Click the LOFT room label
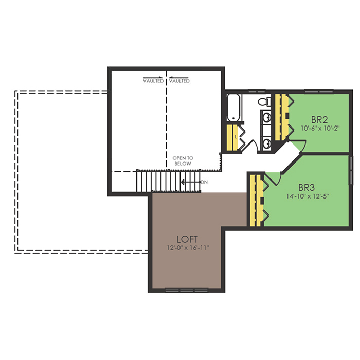(x=187, y=239)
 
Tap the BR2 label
(x=319, y=120)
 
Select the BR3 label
(x=307, y=188)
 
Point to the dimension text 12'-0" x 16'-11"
(x=188, y=248)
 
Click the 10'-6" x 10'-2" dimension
(x=320, y=128)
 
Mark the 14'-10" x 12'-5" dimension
(x=308, y=196)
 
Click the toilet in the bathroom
(x=264, y=102)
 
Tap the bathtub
(x=233, y=107)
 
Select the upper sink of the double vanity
(x=266, y=118)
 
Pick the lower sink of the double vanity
(x=266, y=144)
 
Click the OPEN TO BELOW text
(x=183, y=160)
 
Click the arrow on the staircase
(x=191, y=182)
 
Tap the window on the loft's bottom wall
(x=187, y=291)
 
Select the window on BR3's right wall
(x=351, y=170)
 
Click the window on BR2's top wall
(x=319, y=92)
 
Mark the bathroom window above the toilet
(x=257, y=92)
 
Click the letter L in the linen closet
(x=236, y=137)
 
